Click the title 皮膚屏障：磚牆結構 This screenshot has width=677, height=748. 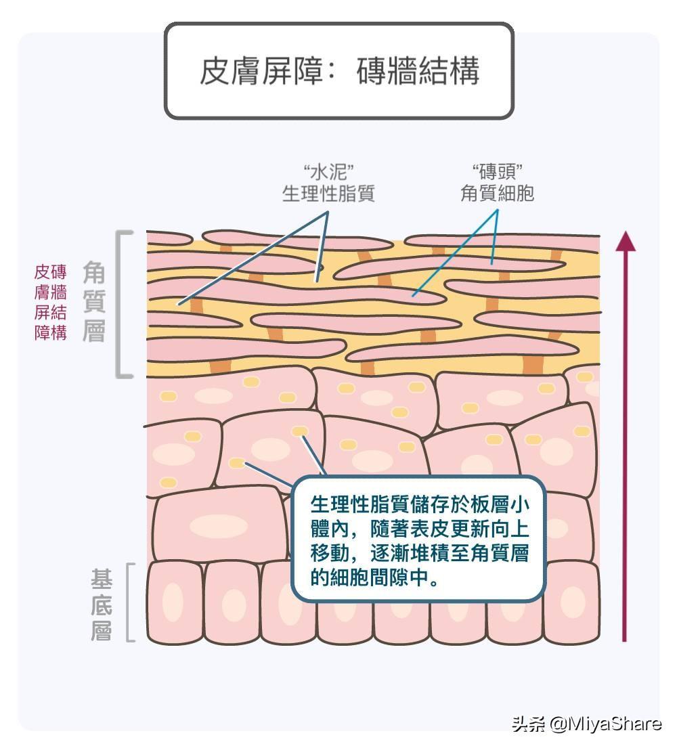coord(339,70)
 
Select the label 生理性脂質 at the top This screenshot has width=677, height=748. coord(328,194)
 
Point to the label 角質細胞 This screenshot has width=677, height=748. coord(497,194)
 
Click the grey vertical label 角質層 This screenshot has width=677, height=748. coord(94,302)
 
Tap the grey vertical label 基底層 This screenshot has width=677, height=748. coord(102,602)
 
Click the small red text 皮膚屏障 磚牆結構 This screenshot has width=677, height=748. coord(51,302)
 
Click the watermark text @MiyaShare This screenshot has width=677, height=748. coord(605,724)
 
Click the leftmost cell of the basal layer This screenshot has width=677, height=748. coord(175,602)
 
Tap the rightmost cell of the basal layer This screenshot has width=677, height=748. coord(571,602)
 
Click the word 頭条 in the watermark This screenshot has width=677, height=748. coord(529,724)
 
